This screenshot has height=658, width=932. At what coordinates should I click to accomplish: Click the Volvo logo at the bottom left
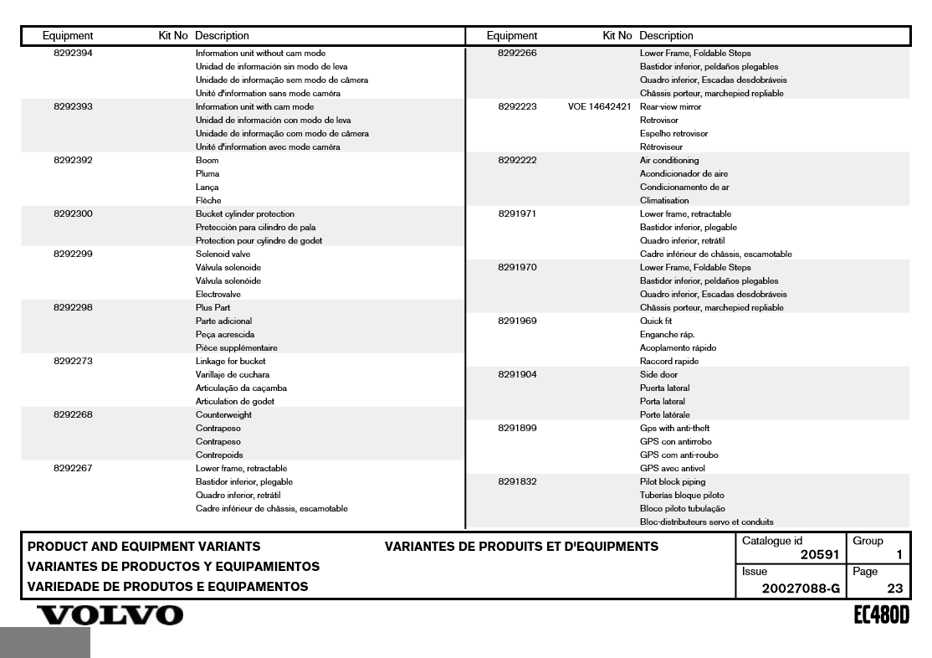(105, 615)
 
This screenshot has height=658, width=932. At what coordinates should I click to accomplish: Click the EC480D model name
(880, 615)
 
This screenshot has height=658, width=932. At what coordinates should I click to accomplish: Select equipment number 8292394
(73, 54)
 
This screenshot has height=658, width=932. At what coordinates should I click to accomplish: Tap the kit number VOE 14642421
(599, 107)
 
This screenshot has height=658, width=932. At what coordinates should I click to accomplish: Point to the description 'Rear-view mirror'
(670, 107)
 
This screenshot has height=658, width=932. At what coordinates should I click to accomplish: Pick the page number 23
(894, 589)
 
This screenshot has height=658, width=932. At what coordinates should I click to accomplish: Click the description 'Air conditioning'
(669, 161)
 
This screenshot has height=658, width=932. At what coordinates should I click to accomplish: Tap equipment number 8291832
(517, 482)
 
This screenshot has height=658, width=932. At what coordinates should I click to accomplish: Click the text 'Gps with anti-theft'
(673, 429)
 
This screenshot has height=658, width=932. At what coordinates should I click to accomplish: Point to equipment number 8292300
(73, 214)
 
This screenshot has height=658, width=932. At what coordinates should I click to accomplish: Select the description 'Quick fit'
(656, 321)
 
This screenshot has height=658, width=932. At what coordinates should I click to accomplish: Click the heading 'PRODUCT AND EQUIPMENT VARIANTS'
(144, 547)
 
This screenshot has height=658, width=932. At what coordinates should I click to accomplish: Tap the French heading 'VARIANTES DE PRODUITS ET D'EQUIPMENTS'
(521, 547)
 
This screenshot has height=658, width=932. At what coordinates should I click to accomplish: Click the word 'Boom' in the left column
(207, 161)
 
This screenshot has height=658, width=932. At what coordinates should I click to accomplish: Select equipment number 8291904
(517, 375)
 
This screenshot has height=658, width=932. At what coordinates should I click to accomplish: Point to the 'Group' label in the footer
(868, 541)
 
